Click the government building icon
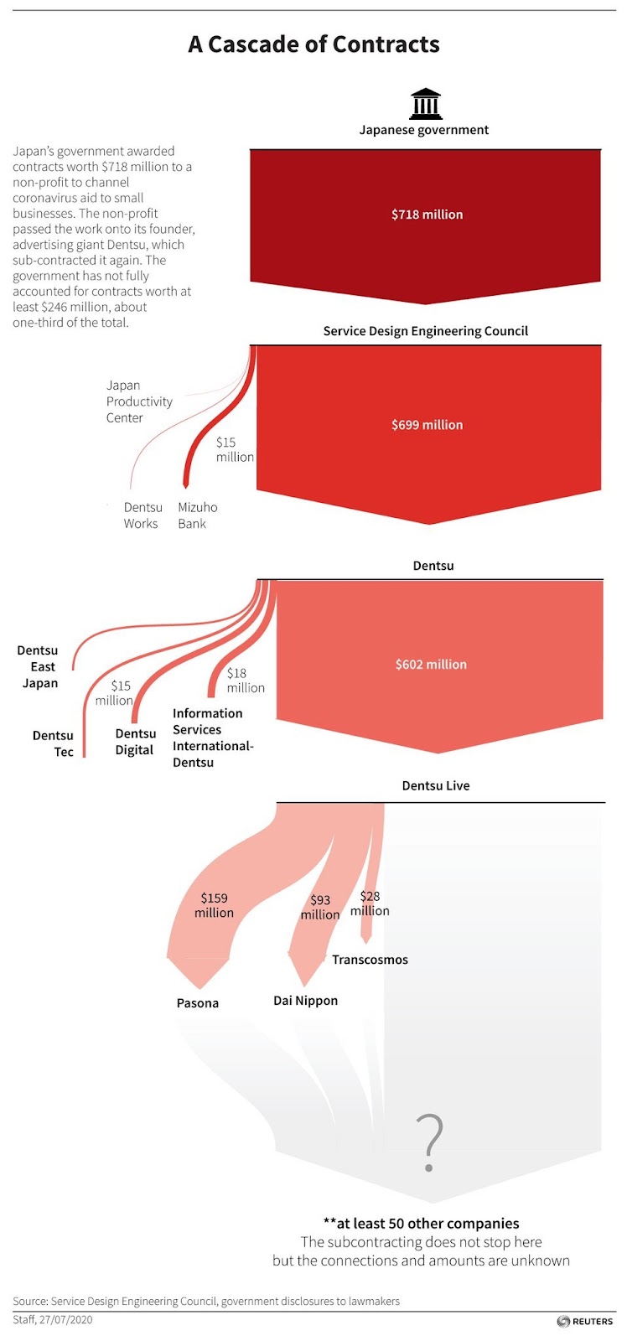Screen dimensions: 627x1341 426,104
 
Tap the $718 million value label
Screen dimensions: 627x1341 427,215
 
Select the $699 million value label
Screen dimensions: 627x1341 427,425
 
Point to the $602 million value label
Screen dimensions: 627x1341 431,665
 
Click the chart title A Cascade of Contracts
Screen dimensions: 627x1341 313,44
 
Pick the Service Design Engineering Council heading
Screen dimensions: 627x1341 425,331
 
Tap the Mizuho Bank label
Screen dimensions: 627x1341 198,515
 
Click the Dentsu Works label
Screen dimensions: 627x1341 142,515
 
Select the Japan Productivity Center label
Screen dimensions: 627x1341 139,401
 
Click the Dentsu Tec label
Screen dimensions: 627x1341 53,743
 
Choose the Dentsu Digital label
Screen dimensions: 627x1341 135,742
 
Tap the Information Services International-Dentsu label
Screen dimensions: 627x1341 213,738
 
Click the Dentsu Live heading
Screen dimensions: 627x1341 435,786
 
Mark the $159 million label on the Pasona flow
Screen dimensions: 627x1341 214,905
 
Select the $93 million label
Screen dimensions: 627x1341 320,907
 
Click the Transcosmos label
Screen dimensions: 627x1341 370,960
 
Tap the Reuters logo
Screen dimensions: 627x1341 584,1321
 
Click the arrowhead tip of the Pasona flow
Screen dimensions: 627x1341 200,988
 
